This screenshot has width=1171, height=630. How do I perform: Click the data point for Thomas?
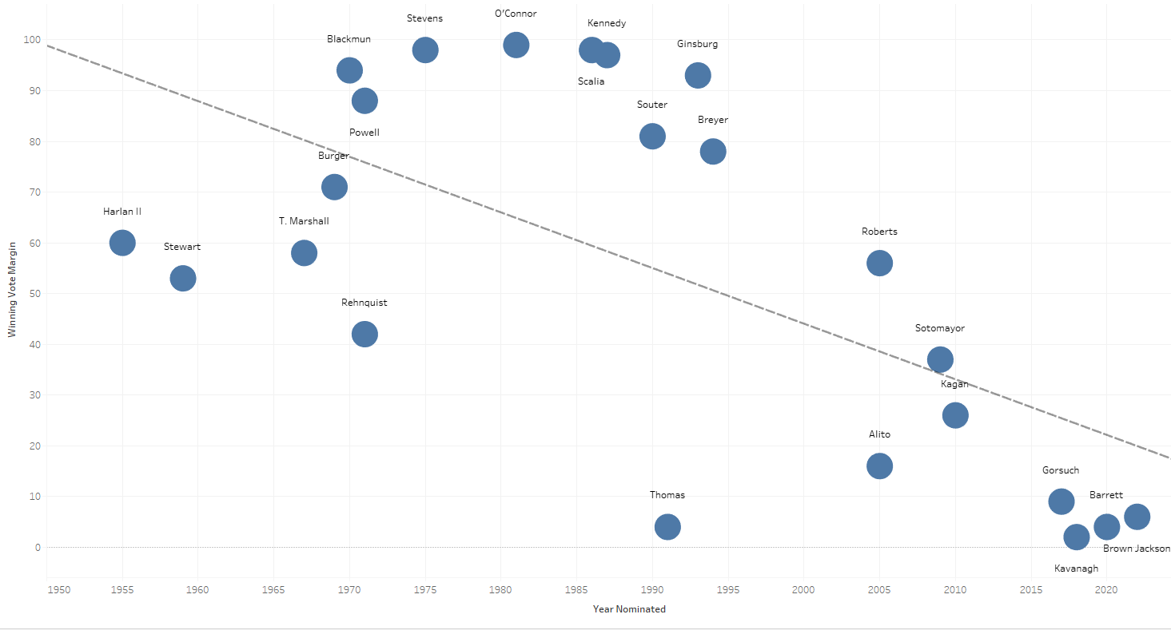(x=667, y=527)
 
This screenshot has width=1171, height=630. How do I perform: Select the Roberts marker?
(x=879, y=263)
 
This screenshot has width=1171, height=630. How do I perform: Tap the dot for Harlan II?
(x=122, y=243)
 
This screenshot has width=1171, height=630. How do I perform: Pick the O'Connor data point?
(x=516, y=45)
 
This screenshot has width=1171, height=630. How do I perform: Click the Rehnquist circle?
(x=364, y=334)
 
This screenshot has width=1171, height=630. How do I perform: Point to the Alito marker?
(x=879, y=466)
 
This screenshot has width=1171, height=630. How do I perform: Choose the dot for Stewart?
(x=183, y=279)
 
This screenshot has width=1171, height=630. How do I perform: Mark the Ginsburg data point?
(x=698, y=75)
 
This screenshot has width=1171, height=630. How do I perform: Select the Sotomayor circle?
(x=940, y=359)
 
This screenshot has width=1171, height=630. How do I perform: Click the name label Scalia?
(x=591, y=81)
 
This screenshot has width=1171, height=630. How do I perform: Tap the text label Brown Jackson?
(x=1136, y=549)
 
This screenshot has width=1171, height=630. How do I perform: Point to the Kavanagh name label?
(x=1076, y=569)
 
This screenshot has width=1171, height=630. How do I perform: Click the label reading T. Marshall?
(x=304, y=221)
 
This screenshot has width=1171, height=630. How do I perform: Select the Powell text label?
(x=364, y=133)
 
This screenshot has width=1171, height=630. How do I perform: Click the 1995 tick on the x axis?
(x=728, y=590)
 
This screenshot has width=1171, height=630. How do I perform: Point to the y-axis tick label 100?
(x=31, y=40)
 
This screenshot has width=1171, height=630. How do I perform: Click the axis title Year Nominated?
(x=629, y=609)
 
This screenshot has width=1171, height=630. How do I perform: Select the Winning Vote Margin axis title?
(x=12, y=289)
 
